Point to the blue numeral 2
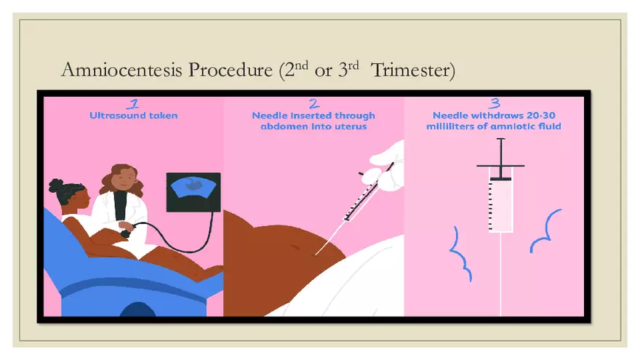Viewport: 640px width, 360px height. coord(313,103)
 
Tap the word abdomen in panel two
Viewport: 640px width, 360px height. coord(277,126)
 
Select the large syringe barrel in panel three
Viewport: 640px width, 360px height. coord(502,204)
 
